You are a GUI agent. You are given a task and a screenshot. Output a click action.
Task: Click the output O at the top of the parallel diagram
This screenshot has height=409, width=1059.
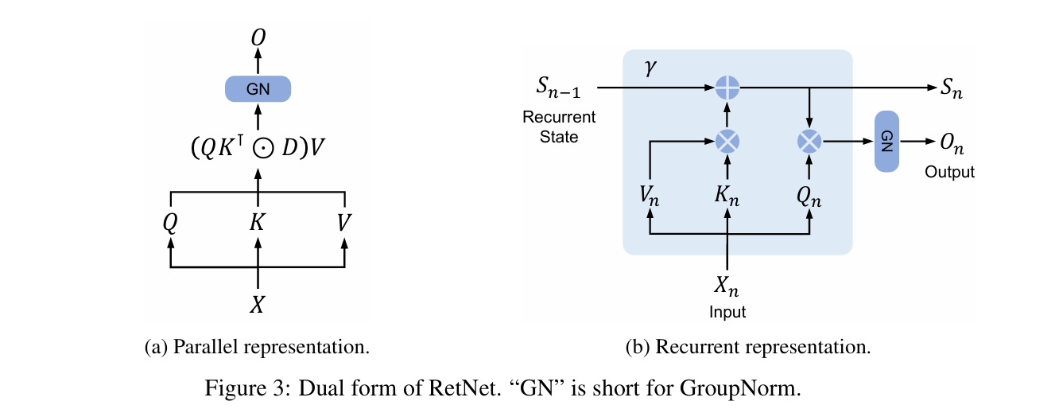click(x=258, y=37)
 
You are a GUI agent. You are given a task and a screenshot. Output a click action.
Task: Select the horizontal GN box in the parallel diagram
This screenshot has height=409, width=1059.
click(x=258, y=89)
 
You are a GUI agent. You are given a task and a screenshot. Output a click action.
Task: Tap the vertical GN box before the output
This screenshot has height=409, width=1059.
click(x=886, y=142)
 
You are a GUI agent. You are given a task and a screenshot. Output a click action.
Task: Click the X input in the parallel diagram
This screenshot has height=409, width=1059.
click(x=257, y=305)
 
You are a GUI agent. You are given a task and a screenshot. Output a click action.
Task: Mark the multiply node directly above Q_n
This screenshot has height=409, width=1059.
click(x=809, y=142)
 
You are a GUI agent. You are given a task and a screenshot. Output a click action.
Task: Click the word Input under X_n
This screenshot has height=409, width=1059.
click(x=727, y=312)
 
